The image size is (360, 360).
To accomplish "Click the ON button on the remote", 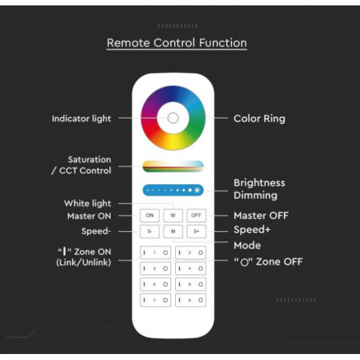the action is (x=149, y=215).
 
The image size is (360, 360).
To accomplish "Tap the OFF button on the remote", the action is (x=196, y=215).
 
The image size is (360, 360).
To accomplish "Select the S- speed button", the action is (x=149, y=231).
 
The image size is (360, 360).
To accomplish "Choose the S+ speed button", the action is (x=196, y=231).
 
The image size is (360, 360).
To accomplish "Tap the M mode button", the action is (x=173, y=231).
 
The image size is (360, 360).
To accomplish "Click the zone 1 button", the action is (x=155, y=253).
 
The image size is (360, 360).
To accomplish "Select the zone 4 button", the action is (x=191, y=268).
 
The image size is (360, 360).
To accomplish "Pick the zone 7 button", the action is (x=155, y=300).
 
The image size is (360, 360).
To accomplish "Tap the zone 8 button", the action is (x=191, y=300).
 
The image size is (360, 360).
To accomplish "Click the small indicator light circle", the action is (x=173, y=118).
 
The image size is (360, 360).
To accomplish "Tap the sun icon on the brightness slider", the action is (x=197, y=190).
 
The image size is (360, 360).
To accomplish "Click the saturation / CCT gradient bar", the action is (x=173, y=166).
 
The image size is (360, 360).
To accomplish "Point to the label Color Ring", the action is (x=259, y=119).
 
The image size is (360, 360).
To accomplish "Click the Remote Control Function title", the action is (x=177, y=43).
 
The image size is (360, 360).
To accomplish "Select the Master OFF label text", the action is (x=261, y=215).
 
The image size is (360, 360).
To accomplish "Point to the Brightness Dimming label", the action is (x=259, y=189).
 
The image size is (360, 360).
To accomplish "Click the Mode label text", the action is (x=247, y=245).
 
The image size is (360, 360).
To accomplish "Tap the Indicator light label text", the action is (x=82, y=119).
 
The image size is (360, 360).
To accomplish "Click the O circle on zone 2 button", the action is (x=200, y=253).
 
